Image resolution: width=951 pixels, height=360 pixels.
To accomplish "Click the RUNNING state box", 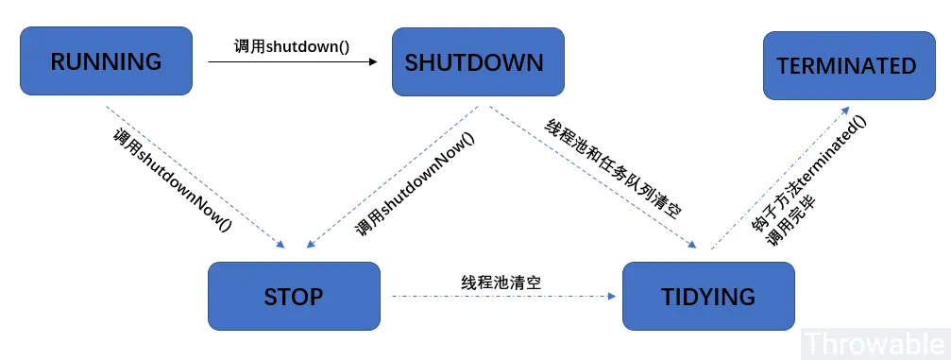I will [106, 62].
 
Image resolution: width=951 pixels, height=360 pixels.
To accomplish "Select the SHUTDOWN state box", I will [477, 62].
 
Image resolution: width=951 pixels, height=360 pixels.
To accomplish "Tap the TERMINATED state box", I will [847, 65].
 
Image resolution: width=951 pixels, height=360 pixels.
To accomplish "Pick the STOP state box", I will [294, 296].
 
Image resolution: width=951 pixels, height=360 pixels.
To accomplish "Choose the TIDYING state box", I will [708, 296].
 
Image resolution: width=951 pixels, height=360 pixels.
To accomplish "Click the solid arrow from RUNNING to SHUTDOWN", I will [293, 62].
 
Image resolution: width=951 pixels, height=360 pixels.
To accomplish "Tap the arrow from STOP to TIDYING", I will [501, 297].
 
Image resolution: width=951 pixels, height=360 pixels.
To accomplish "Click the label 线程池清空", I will [501, 282].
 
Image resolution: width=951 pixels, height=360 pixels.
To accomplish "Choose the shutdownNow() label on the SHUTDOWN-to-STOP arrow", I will [416, 184].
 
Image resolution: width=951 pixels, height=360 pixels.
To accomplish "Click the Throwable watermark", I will [875, 342].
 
